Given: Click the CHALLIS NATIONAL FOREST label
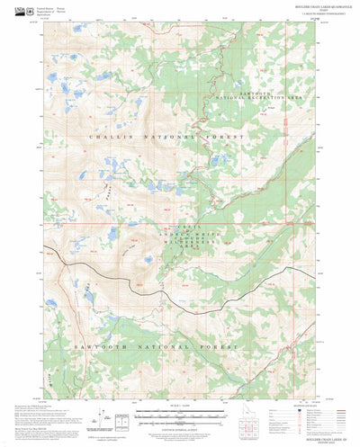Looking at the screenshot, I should coord(166,136).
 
